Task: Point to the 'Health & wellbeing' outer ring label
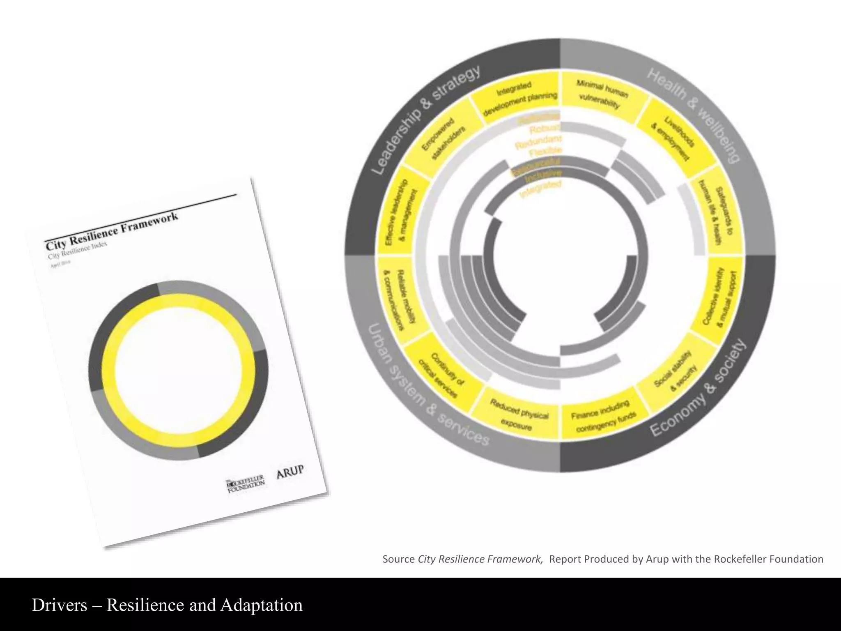694,115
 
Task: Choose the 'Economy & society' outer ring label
698,388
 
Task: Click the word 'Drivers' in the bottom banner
59,605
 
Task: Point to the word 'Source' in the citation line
398,559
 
